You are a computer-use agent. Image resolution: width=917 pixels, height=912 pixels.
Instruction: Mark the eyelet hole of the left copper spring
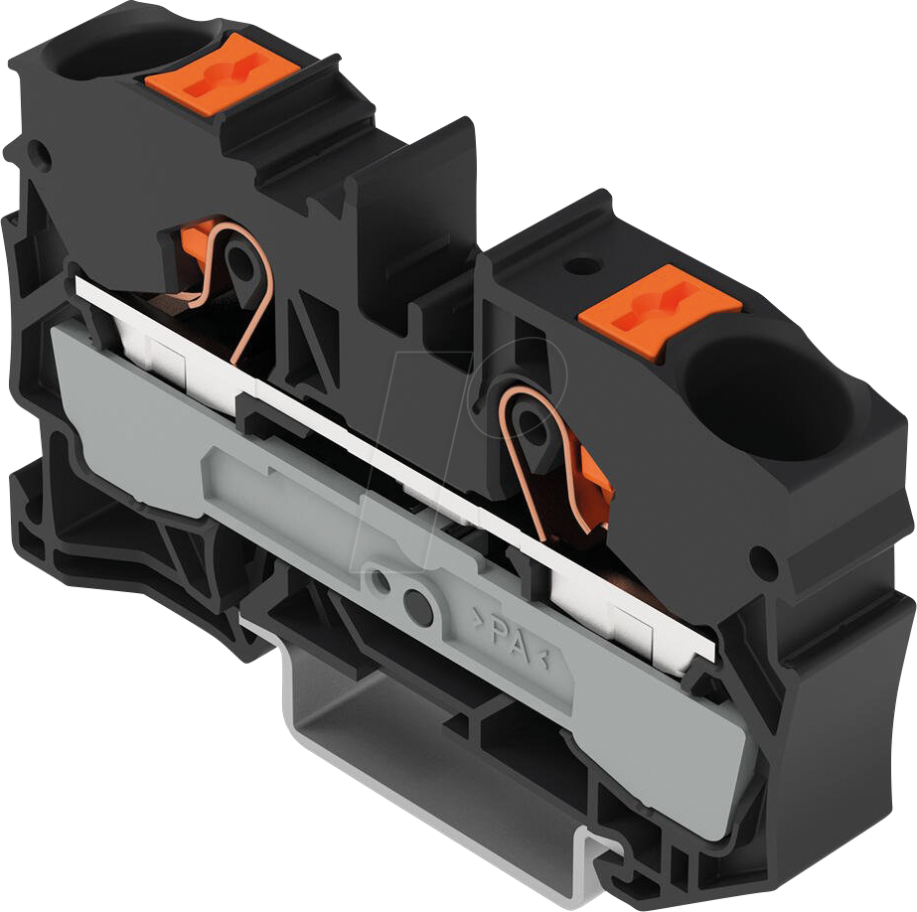(x=238, y=263)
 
